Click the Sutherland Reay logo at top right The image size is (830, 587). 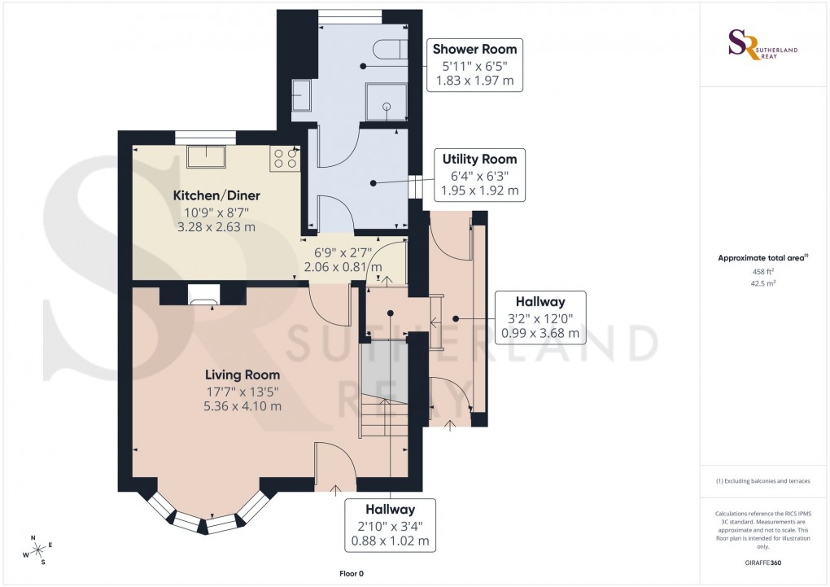[762, 45]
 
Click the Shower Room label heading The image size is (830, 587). [474, 49]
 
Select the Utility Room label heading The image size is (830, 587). [479, 159]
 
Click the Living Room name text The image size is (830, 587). [242, 375]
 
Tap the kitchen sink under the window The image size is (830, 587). [206, 156]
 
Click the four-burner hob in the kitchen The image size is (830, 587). [286, 157]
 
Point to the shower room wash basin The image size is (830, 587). [301, 95]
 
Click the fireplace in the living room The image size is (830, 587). [201, 295]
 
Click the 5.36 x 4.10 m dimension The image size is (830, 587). [242, 406]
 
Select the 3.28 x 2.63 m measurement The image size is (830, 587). [216, 226]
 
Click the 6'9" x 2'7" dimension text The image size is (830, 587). [343, 252]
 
